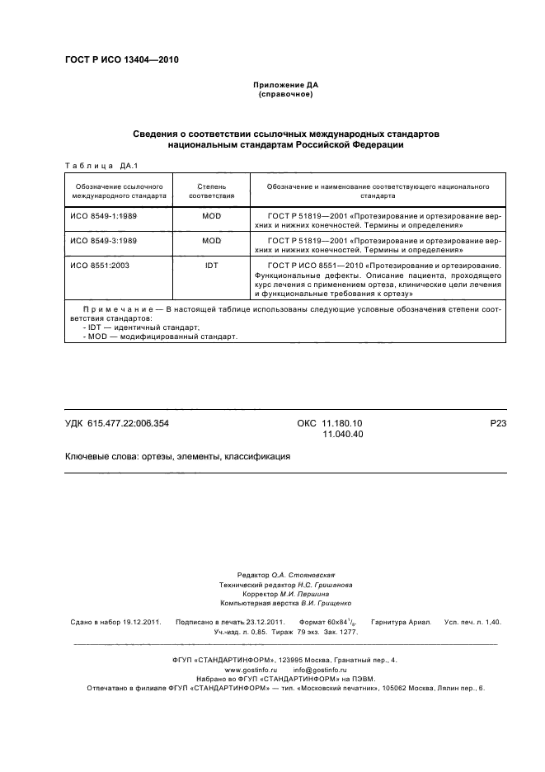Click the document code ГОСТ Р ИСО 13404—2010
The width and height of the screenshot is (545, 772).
121,60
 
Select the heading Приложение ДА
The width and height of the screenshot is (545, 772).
284,85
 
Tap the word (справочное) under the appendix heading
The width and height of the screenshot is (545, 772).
284,94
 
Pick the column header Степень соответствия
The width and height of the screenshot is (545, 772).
212,191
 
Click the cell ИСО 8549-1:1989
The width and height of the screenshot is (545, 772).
103,216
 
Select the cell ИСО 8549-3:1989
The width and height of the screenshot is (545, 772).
103,240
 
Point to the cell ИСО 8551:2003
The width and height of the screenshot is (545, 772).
99,265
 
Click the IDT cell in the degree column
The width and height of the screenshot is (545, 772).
212,265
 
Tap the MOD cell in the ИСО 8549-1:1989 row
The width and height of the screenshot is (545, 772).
212,216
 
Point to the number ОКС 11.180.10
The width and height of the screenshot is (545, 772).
329,423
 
